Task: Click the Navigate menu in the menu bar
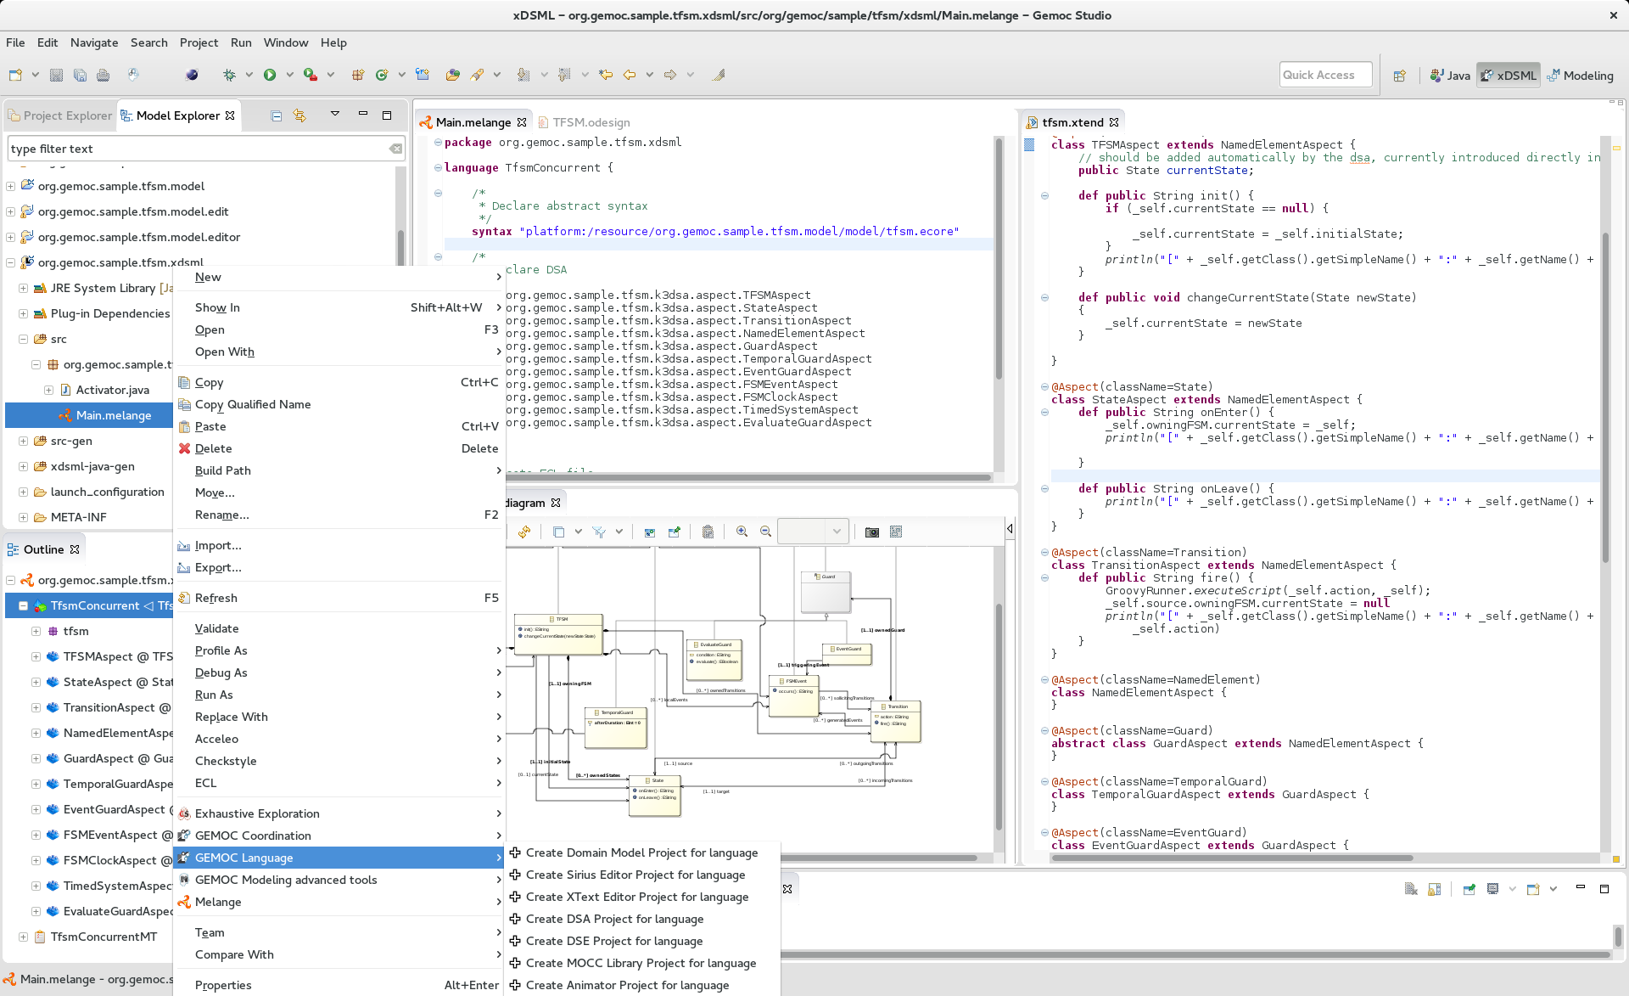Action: tap(94, 42)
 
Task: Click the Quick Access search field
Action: tap(1324, 75)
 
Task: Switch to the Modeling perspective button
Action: tap(1580, 76)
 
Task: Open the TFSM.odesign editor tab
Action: tap(591, 122)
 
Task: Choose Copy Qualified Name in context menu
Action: tap(253, 404)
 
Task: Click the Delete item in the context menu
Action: tap(213, 448)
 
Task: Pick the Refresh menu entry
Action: tap(216, 598)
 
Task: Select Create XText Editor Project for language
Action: tap(636, 897)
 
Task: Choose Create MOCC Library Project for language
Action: tap(641, 963)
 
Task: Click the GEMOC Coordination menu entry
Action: tap(253, 836)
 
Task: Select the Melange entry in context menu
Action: tap(218, 902)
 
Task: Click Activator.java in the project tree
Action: tap(112, 390)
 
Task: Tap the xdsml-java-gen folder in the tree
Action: tap(92, 466)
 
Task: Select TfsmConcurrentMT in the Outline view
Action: tap(104, 937)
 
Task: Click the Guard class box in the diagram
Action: tap(826, 592)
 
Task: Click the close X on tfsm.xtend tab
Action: tap(1114, 122)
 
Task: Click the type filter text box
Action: tap(195, 149)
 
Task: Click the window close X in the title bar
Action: tap(1613, 15)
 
